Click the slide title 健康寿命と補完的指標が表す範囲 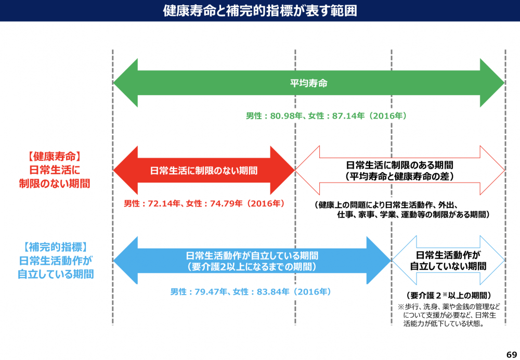[259, 11]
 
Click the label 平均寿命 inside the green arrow [309, 83]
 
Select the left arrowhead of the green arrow [125, 83]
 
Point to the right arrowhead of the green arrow [492, 83]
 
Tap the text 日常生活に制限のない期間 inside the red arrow [204, 170]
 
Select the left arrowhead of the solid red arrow [125, 170]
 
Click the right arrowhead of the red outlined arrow [493, 170]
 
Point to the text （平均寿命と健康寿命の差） [400, 176]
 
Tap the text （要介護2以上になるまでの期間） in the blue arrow [252, 267]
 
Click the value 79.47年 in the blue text [211, 291]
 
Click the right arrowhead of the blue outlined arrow [494, 260]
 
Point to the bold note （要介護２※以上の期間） [448, 295]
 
